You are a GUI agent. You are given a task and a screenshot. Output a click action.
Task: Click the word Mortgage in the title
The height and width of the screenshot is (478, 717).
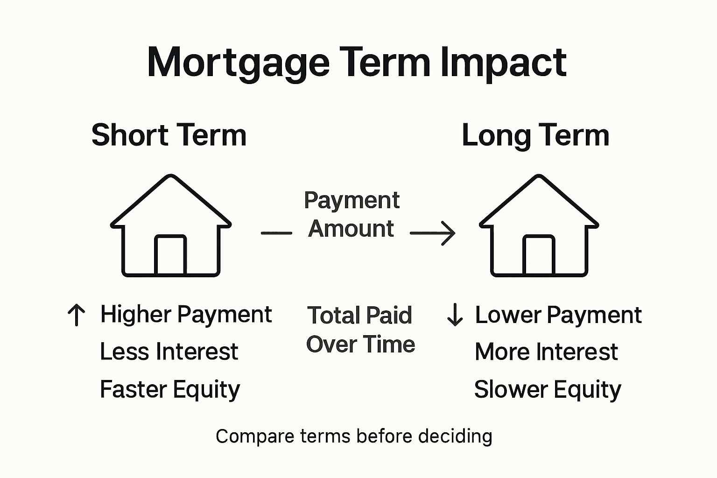click(x=238, y=63)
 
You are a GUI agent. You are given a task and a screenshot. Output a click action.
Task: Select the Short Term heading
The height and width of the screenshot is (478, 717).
click(x=169, y=135)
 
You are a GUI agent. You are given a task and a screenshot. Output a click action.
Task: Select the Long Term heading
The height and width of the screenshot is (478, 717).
click(x=535, y=135)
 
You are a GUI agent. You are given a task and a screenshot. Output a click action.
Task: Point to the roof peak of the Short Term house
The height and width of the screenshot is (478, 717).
click(x=171, y=177)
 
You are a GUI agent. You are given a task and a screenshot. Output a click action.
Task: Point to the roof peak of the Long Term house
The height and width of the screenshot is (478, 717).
click(x=539, y=177)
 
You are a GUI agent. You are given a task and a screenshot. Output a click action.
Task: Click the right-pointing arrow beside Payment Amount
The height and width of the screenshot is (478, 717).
click(x=433, y=232)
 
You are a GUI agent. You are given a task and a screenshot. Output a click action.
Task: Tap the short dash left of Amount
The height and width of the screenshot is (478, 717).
click(x=276, y=232)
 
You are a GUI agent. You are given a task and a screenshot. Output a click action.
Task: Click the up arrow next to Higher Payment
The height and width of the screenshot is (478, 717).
click(x=77, y=315)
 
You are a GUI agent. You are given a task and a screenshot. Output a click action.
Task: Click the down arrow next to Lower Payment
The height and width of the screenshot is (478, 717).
click(x=455, y=315)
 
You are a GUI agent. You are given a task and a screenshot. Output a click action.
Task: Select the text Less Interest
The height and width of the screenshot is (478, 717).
click(x=169, y=351)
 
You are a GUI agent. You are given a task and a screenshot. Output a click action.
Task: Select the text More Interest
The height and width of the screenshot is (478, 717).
click(x=546, y=351)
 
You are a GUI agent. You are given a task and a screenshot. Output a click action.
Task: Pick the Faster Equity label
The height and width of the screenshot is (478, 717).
click(x=169, y=389)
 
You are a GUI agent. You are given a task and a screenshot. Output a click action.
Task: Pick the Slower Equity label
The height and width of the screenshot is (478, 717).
click(x=547, y=389)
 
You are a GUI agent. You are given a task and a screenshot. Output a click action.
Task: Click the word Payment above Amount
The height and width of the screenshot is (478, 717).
click(x=351, y=201)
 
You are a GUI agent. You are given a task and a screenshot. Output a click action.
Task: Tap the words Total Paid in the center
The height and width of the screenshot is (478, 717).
click(x=359, y=316)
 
